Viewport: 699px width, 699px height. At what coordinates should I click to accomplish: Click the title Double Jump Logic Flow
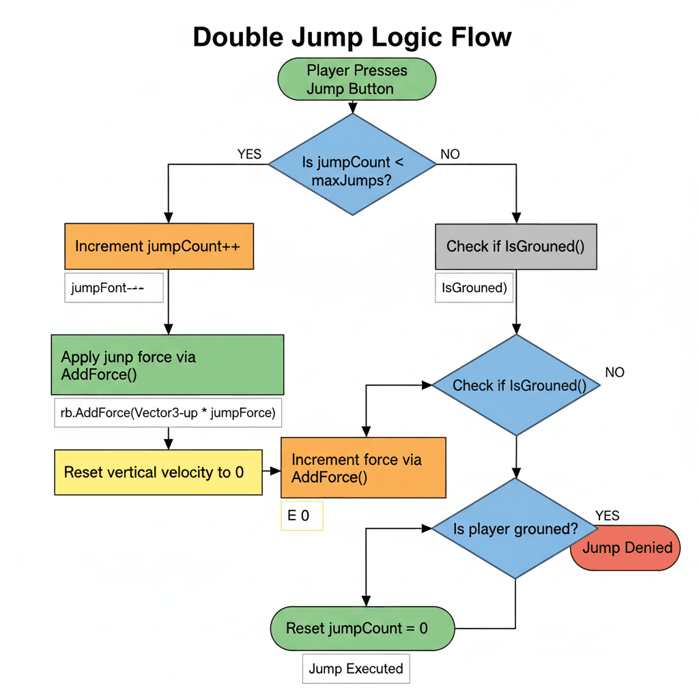click(352, 37)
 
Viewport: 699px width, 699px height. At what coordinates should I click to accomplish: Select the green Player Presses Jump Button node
click(356, 79)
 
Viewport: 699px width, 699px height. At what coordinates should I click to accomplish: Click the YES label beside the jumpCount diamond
click(249, 154)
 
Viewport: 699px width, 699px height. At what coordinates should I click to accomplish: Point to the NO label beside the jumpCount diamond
click(450, 154)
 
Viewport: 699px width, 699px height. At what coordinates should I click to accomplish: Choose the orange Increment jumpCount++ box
click(159, 246)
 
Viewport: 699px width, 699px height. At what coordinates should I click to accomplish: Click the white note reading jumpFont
click(114, 288)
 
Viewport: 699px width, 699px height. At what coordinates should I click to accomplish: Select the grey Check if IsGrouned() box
click(515, 246)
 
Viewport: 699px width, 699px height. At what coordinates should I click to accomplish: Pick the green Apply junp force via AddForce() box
click(167, 365)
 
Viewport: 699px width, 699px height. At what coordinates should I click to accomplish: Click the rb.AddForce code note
click(168, 412)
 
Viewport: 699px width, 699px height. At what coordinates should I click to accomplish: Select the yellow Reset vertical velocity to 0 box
click(158, 472)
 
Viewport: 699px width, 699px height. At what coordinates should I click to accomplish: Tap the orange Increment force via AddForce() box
click(363, 468)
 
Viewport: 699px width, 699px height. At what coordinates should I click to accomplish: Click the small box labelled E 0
click(301, 516)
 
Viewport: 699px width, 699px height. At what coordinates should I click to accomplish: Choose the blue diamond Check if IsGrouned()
click(516, 385)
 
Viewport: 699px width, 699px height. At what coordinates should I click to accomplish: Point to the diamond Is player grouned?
click(515, 528)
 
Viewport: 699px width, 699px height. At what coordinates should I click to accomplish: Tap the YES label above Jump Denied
click(607, 515)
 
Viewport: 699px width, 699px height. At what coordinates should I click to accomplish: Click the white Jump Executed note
click(356, 668)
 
